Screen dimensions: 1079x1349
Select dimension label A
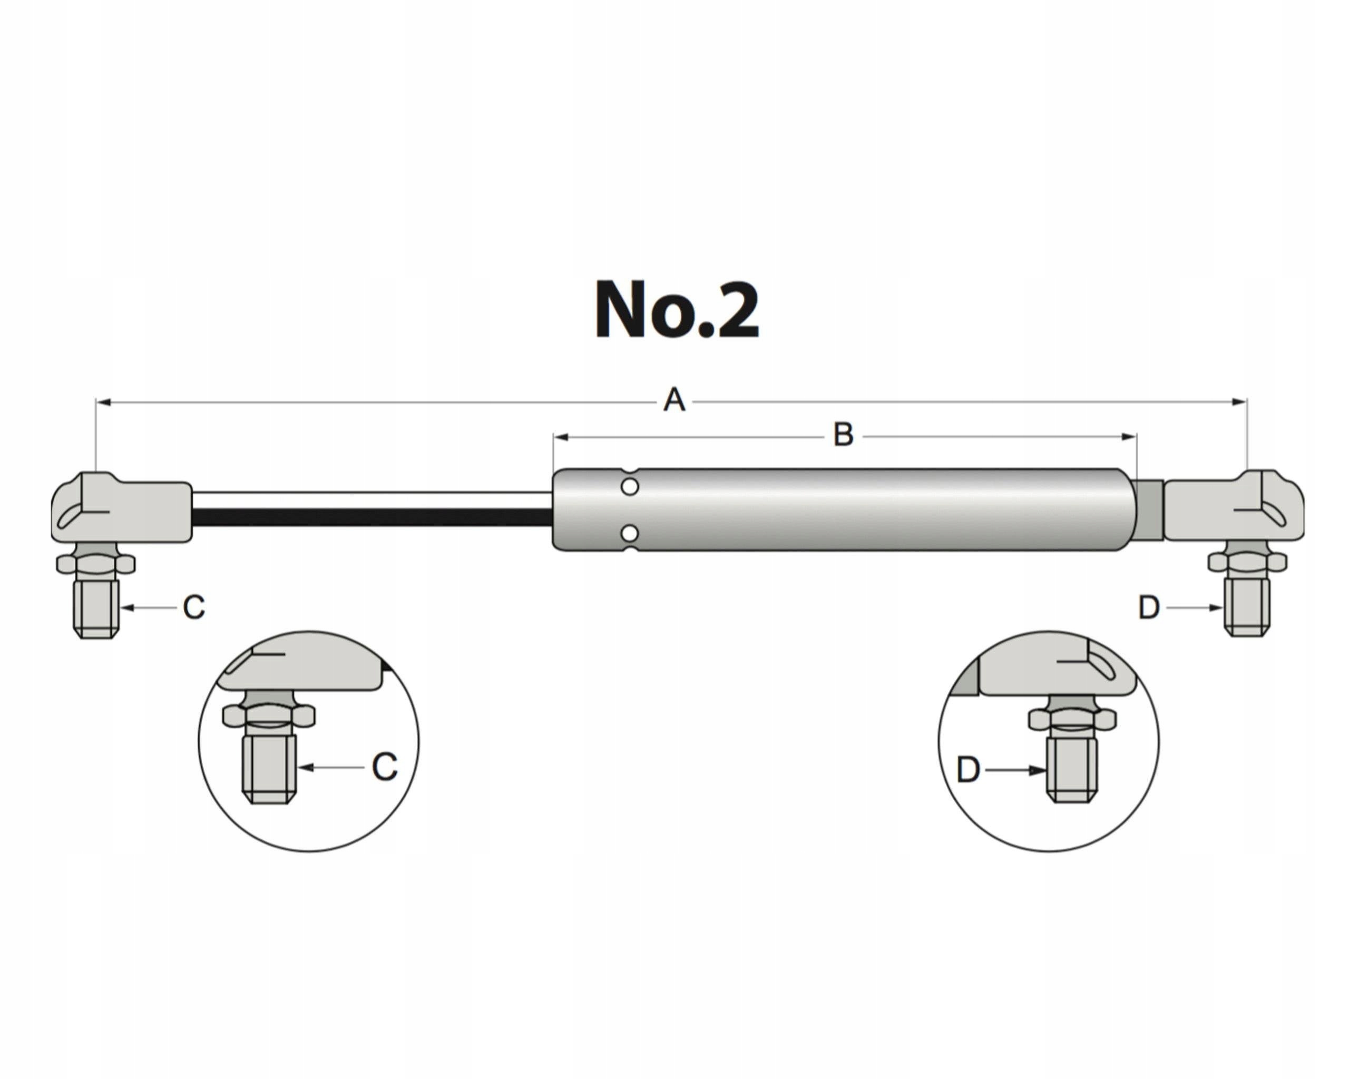[674, 400]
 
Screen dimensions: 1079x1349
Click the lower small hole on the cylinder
[630, 533]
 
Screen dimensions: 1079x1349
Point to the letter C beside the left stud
[193, 607]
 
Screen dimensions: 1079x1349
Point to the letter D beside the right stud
[1149, 608]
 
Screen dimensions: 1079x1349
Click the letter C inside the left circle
[384, 767]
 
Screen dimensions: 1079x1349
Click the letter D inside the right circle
[968, 770]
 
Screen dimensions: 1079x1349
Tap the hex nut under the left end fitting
[96, 564]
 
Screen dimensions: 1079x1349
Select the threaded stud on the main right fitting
[1246, 607]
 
